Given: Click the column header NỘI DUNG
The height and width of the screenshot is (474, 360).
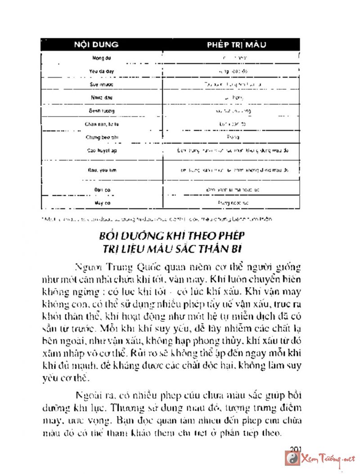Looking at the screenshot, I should pyautogui.click(x=96, y=45).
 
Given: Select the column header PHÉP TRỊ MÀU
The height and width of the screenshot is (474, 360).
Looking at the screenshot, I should pyautogui.click(x=237, y=45).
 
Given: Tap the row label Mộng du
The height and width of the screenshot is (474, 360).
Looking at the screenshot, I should pyautogui.click(x=99, y=58).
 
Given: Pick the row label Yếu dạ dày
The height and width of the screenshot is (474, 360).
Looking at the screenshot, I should pyautogui.click(x=99, y=71).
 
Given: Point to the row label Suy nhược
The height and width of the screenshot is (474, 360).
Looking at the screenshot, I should pyautogui.click(x=99, y=84).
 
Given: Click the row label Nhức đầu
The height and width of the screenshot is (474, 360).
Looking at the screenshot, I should pyautogui.click(x=99, y=97).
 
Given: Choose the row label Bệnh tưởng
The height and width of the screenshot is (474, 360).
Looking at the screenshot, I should pyautogui.click(x=99, y=110).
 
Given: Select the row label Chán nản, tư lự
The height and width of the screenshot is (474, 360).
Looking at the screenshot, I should pyautogui.click(x=99, y=123).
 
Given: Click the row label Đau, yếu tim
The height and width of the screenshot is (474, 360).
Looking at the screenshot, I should pyautogui.click(x=99, y=171).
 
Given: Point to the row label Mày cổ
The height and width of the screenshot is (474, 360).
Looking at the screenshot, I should pyautogui.click(x=99, y=203).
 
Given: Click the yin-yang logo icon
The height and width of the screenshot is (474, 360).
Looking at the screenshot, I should pyautogui.click(x=293, y=459).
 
